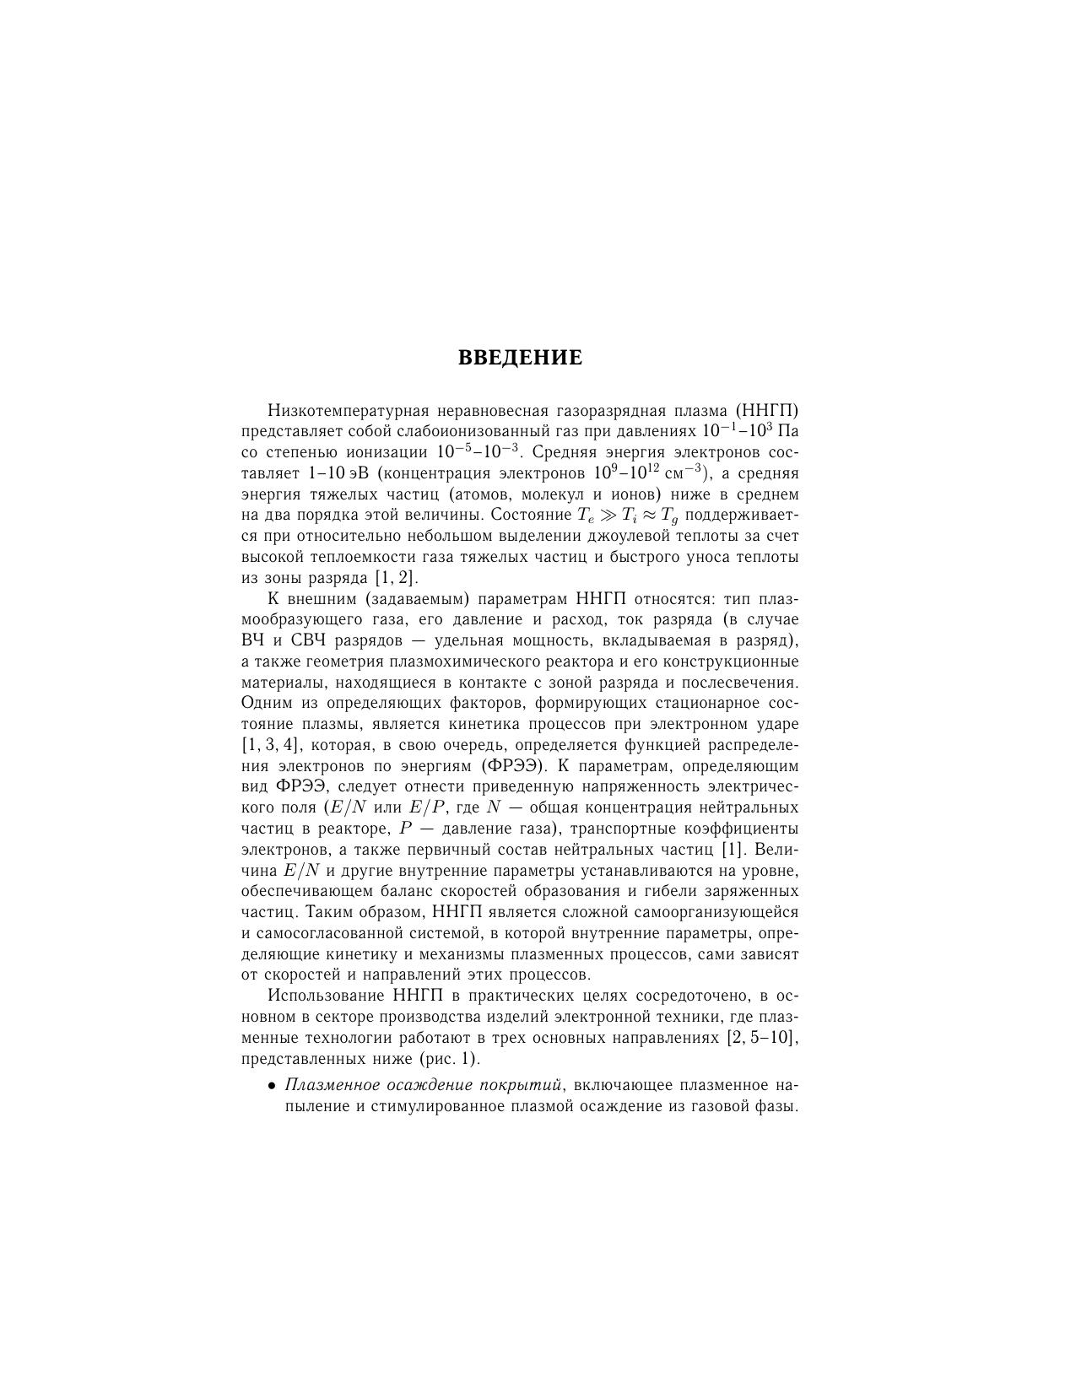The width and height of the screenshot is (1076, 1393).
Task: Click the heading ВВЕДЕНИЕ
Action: pyautogui.click(x=520, y=358)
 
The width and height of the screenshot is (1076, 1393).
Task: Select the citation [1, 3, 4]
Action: pyautogui.click(x=269, y=745)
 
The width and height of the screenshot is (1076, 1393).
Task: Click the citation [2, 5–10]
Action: pyautogui.click(x=762, y=1037)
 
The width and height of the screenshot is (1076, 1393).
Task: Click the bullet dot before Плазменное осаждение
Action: pyautogui.click(x=272, y=1085)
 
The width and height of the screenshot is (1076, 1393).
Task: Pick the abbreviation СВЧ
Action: pyautogui.click(x=302, y=640)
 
